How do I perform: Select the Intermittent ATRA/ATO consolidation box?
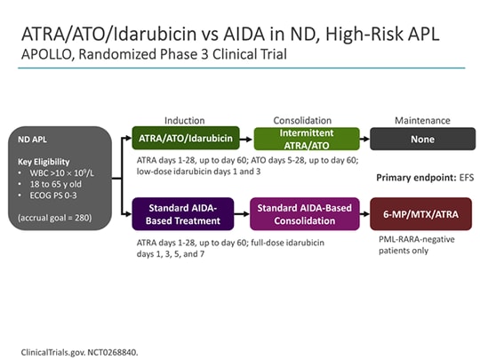[x=306, y=138]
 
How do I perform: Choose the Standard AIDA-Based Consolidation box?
[x=306, y=213]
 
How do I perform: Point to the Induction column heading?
[x=184, y=120]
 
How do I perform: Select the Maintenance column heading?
[x=421, y=120]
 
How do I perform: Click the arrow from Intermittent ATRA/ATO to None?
[x=364, y=138]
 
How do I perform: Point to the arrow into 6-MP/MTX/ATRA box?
[x=364, y=213]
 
